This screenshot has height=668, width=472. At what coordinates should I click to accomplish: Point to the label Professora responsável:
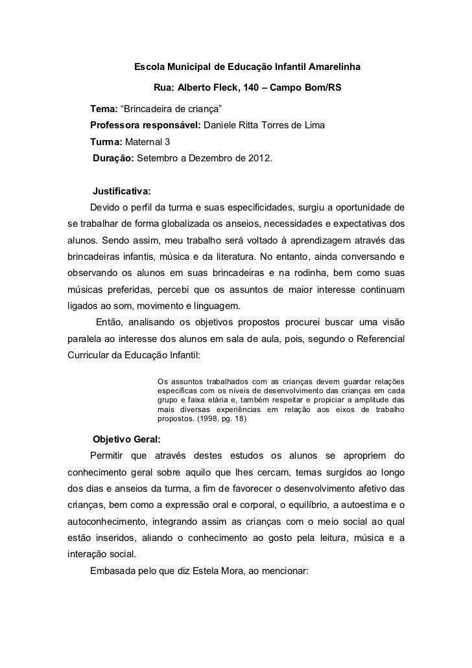(x=145, y=124)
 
